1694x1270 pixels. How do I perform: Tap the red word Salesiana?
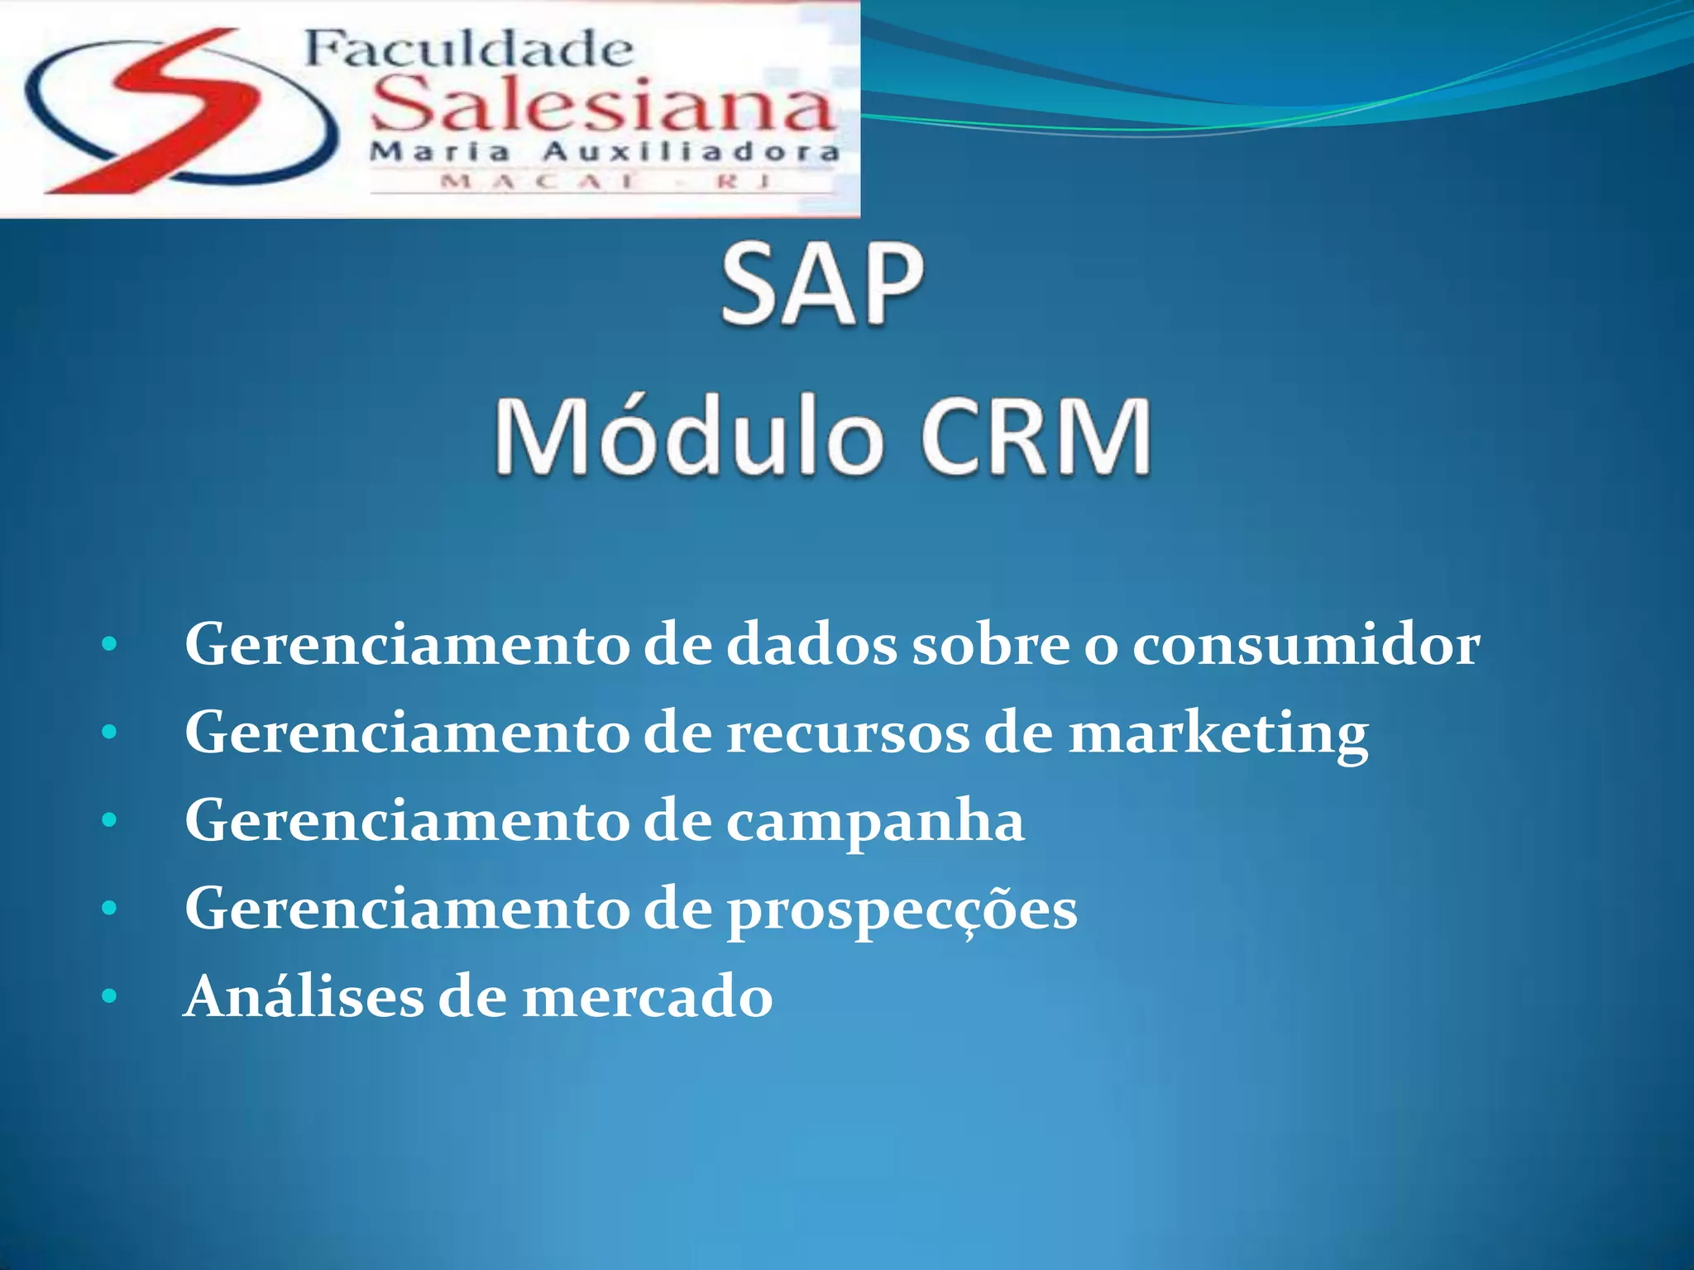pos(602,106)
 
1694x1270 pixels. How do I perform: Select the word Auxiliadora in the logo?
pos(691,152)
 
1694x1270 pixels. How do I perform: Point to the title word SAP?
pos(821,285)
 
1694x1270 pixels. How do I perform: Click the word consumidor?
pos(1306,645)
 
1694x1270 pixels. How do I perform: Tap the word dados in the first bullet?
pos(811,645)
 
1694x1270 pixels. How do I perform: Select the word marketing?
pos(1218,734)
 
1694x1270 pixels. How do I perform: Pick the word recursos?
pos(848,734)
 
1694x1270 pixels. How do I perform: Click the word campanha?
pos(875,822)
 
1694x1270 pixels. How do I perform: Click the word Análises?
pos(303,996)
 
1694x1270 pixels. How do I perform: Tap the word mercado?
pos(648,998)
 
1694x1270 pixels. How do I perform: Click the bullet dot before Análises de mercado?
pos(109,997)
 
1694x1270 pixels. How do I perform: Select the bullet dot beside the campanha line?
pos(109,820)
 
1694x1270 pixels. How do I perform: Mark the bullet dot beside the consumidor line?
pos(109,644)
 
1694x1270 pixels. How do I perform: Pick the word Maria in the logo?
pos(439,152)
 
